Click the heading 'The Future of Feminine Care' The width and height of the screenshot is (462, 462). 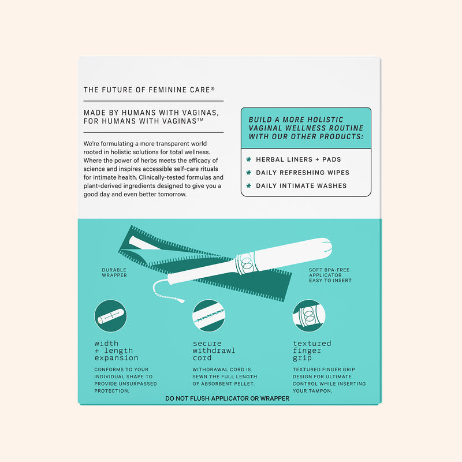tap(147, 90)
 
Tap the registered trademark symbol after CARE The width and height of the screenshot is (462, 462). tap(213, 89)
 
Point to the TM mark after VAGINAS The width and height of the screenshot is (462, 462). tap(200, 120)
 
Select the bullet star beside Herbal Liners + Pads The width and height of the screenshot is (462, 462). tap(249, 159)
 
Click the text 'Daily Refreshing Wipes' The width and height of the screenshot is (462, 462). tap(303, 173)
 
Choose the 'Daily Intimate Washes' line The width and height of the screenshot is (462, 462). tap(301, 186)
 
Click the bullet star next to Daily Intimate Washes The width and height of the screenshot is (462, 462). tap(249, 185)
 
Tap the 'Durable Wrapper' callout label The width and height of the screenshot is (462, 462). tap(114, 273)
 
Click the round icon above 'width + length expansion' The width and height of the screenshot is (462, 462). tap(110, 316)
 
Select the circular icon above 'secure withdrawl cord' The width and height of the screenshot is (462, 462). tap(208, 316)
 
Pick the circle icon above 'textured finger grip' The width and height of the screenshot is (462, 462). tap(309, 316)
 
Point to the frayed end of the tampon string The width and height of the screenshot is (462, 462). tap(180, 300)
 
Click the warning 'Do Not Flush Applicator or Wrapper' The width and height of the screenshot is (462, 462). tap(227, 398)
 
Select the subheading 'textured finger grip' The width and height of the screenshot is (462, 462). tap(312, 351)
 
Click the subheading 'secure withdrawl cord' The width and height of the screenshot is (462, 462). tap(214, 351)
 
